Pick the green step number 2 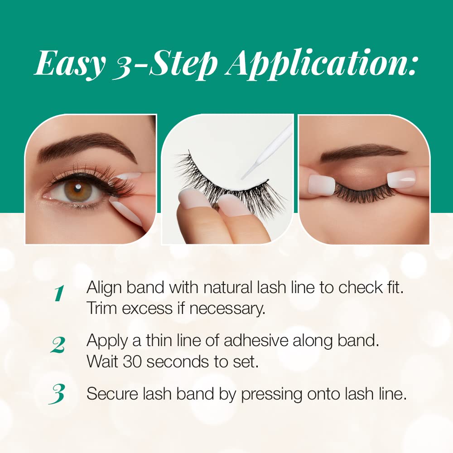pos(58,345)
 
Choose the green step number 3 pos(57,394)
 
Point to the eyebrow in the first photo pos(87,146)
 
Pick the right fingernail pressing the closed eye pos(401,179)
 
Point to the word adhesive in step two pos(256,341)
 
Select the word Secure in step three pos(112,394)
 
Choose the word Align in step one pos(104,288)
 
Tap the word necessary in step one pos(227,309)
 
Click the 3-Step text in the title pos(165,65)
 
